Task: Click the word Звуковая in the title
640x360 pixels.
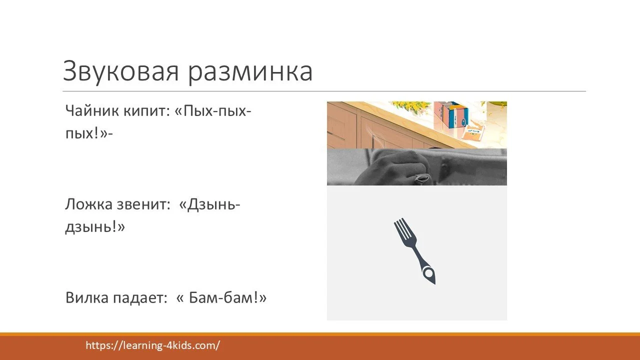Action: tap(120, 71)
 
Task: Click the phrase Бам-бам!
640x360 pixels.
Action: tap(228, 298)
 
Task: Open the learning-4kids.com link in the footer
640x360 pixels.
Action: tap(153, 345)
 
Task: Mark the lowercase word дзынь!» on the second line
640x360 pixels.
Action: tap(95, 227)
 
